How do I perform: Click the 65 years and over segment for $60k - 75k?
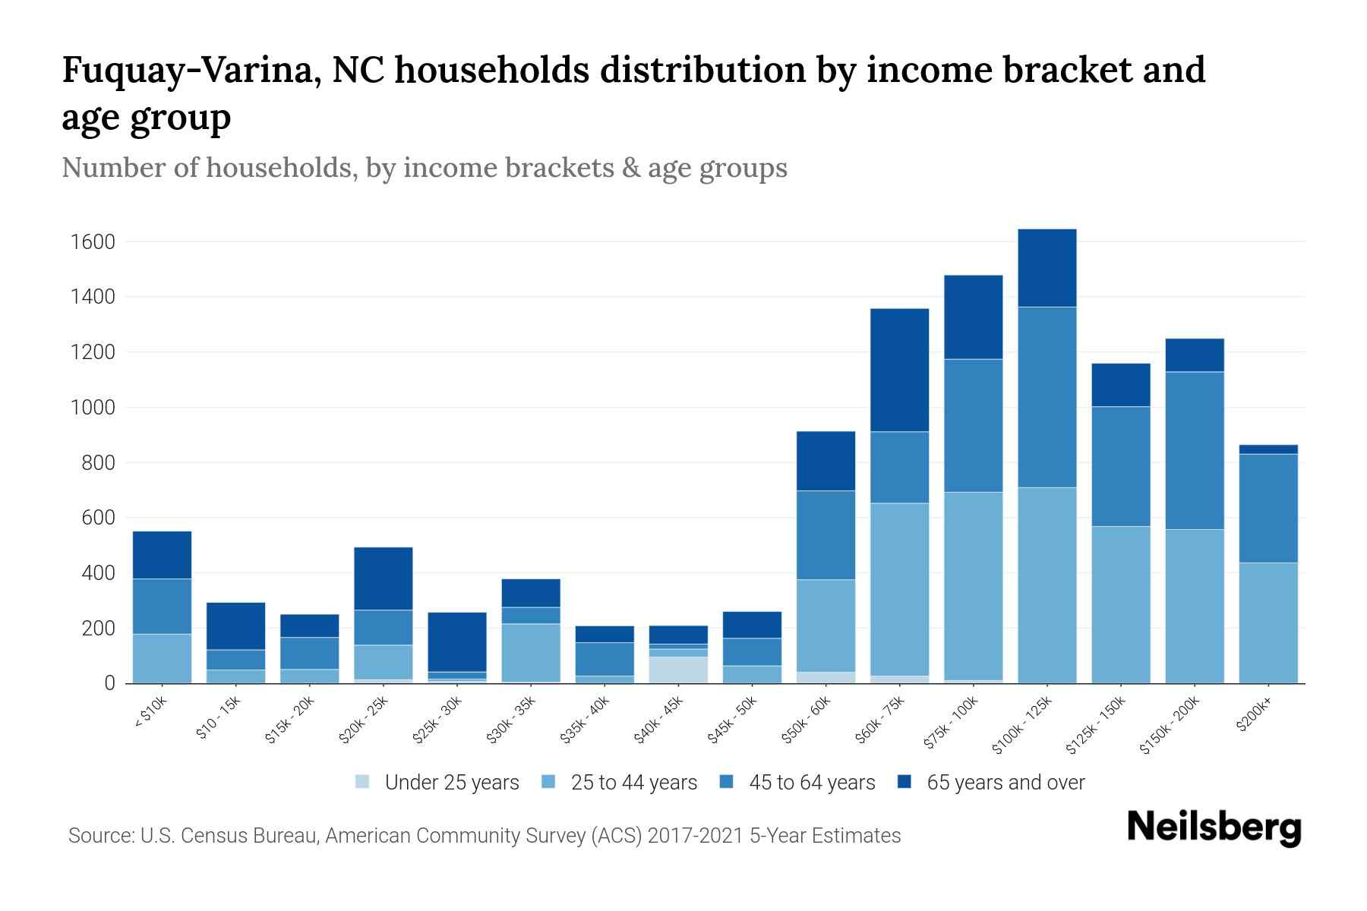900,370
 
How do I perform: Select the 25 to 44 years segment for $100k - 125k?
1047,585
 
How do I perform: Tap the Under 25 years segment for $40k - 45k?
678,670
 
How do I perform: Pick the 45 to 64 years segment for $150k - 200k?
1195,450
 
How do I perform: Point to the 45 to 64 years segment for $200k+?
1268,508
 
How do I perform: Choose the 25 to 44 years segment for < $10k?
162,658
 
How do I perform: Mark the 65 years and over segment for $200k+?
1268,449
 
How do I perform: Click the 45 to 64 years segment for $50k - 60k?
826,535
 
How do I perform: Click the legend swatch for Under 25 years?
363,782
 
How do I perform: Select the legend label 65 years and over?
1006,783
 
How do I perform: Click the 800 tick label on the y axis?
99,463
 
